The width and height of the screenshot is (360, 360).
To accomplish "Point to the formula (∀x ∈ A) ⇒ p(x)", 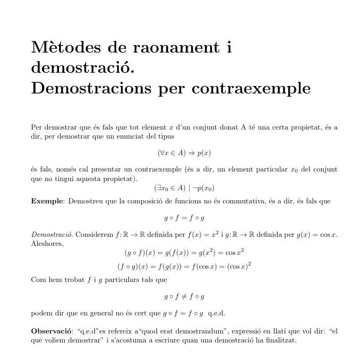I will tap(184, 152).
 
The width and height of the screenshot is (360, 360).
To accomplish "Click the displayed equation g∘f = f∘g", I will tap(184, 218).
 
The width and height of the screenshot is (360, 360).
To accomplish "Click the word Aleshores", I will tap(47, 243).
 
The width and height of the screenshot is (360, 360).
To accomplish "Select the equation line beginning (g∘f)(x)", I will tap(184, 252).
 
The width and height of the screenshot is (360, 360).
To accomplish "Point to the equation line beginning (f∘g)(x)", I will tap(184, 265).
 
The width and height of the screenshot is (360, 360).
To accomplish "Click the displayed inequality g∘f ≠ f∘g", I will tap(184, 296).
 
